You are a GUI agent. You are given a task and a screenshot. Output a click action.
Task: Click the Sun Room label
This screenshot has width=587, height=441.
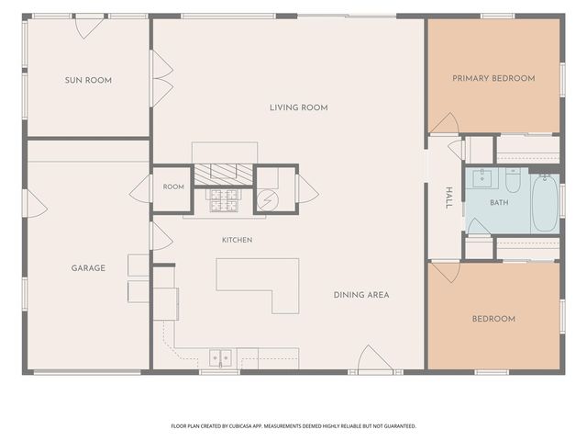coord(88,80)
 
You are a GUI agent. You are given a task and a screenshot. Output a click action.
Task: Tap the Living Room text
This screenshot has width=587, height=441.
coord(299,107)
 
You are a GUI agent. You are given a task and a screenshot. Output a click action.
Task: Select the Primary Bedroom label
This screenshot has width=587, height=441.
coord(493,78)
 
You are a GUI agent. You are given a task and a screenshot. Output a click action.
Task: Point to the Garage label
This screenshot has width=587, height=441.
coord(88,268)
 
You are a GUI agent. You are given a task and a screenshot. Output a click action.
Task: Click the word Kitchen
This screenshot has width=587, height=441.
coord(237,240)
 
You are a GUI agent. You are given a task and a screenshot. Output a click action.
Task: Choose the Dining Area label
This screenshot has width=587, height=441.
coord(361,295)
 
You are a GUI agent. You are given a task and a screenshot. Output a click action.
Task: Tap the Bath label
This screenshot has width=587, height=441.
coord(499,202)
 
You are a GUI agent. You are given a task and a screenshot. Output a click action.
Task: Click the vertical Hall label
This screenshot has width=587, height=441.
coord(449,198)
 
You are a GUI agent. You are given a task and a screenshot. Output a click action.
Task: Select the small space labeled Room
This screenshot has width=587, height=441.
coord(173,187)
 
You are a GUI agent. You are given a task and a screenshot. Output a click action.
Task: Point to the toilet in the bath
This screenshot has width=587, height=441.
coord(513,180)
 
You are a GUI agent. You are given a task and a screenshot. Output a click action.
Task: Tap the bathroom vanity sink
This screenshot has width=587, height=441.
coord(482,178)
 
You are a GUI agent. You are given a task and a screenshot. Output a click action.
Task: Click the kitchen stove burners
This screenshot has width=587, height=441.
coord(224,200)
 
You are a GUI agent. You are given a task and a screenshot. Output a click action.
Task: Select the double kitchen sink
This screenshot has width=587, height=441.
coord(220,357)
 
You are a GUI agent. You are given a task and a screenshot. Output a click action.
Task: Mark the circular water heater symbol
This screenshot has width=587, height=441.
coord(268,200)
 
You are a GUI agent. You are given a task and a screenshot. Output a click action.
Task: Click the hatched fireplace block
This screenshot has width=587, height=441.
coord(224,175)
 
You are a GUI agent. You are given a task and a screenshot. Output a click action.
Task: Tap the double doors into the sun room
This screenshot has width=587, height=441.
coord(161,79)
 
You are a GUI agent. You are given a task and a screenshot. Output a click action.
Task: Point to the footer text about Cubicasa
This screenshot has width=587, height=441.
coord(293,426)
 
